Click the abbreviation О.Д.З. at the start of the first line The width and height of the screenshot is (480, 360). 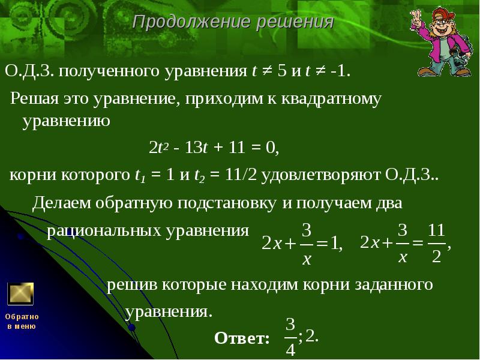point(29,72)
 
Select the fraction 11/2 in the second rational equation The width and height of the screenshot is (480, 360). point(436,242)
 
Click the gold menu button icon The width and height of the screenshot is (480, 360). point(20,294)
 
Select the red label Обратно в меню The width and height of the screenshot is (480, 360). point(22,321)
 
